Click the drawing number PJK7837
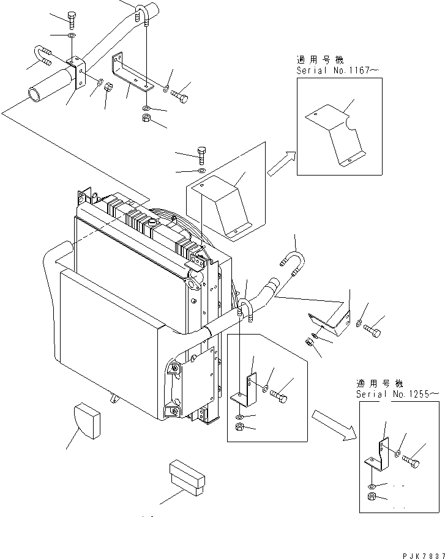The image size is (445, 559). click(x=424, y=556)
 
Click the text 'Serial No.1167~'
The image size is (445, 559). click(x=338, y=70)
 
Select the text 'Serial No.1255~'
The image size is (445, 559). click(x=397, y=394)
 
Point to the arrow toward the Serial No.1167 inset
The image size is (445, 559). click(x=282, y=163)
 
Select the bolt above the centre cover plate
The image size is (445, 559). click(x=201, y=155)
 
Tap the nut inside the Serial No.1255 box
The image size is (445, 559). click(x=372, y=496)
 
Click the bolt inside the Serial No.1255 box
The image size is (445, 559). click(x=411, y=461)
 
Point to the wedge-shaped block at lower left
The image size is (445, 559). click(x=87, y=421)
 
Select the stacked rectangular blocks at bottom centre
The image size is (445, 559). click(x=187, y=478)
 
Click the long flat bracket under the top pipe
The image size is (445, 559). click(x=132, y=73)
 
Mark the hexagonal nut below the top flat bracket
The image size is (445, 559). click(x=146, y=118)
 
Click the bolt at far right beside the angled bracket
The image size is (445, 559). click(x=372, y=331)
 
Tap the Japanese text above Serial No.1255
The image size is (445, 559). click(x=380, y=383)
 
